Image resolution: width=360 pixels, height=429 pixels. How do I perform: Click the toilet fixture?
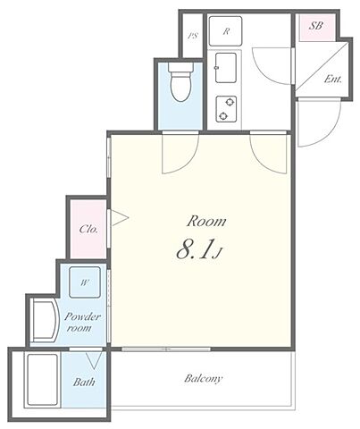point(180,82)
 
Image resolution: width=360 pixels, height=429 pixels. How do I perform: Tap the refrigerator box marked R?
point(225,31)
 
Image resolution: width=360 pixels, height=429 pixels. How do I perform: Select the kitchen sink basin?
point(226,68)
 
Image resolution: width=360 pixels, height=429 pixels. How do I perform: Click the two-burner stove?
point(226,109)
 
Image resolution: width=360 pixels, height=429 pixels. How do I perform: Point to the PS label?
point(193,36)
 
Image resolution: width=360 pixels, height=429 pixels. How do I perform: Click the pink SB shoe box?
point(317,28)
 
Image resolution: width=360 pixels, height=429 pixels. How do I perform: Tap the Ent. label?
point(333,79)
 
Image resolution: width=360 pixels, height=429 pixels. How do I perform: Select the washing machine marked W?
point(85,282)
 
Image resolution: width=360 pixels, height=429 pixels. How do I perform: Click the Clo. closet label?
point(88,229)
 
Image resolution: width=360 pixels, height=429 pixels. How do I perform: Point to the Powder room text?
point(82,322)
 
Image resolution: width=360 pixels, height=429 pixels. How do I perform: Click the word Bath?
point(84,382)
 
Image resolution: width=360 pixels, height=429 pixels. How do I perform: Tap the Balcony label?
point(204,379)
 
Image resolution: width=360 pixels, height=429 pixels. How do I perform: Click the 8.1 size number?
point(195,249)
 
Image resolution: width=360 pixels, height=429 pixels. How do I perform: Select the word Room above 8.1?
point(206,222)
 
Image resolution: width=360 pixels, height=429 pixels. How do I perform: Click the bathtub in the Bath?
point(42,380)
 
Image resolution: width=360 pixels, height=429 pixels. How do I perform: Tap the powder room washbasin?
point(45,321)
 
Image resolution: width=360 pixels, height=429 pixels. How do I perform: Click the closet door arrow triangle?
point(119,218)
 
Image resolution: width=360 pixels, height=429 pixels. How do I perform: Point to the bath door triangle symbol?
point(96,360)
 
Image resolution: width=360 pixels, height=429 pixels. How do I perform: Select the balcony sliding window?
point(166,349)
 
